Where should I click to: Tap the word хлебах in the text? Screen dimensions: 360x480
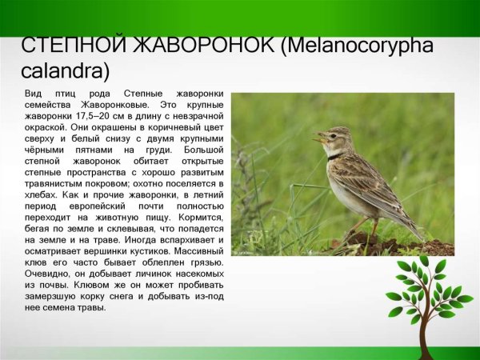click(x=39, y=194)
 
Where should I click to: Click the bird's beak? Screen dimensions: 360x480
click(x=318, y=139)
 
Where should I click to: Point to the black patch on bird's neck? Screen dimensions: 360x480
click(x=335, y=157)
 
